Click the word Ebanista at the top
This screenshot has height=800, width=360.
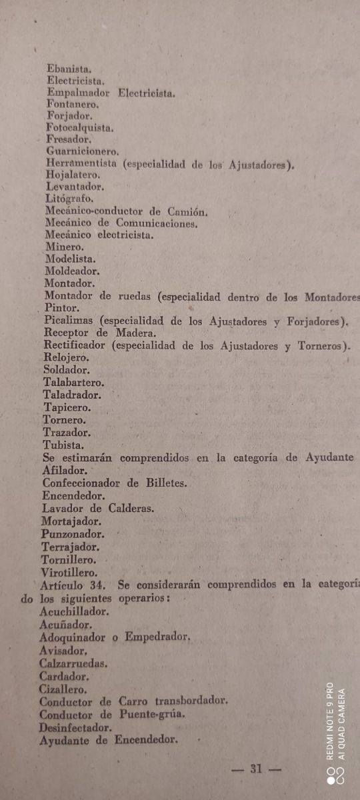coord(69,67)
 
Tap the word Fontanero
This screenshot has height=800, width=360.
coord(73,104)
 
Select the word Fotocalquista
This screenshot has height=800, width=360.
coord(79,128)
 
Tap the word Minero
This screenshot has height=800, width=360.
coord(65,247)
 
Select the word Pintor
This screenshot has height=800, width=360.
coord(62,309)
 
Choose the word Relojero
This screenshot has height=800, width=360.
coord(66,357)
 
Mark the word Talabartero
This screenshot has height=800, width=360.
coord(73,383)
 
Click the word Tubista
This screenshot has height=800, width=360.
coord(63,445)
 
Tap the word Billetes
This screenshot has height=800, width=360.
coord(163,483)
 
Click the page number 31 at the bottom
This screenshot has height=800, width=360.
coord(256,769)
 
